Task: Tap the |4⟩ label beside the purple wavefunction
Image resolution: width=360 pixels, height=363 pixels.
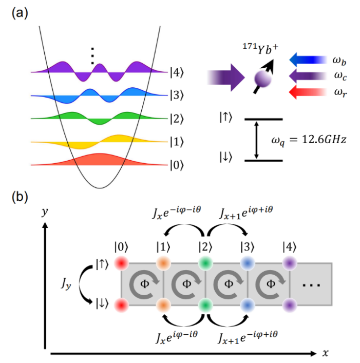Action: click(179, 72)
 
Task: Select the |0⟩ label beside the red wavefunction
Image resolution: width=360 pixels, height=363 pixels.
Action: click(179, 165)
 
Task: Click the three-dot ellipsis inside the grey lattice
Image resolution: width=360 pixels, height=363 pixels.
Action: click(313, 283)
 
